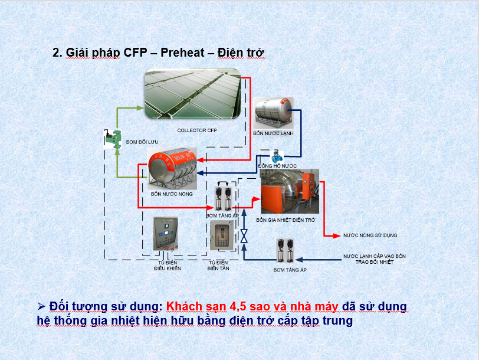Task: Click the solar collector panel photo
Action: click(x=193, y=94)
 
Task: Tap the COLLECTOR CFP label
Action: click(x=197, y=130)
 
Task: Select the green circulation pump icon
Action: click(x=113, y=139)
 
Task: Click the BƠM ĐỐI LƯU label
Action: click(x=142, y=142)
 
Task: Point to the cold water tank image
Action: click(x=273, y=113)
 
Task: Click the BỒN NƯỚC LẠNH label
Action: click(x=273, y=133)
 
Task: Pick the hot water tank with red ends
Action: click(x=172, y=168)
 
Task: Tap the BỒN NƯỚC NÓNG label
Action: click(x=172, y=194)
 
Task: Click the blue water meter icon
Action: click(x=277, y=156)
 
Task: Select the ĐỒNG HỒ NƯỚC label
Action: click(x=277, y=166)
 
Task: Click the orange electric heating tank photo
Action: click(x=290, y=191)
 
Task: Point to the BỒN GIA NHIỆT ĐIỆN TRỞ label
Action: click(x=286, y=220)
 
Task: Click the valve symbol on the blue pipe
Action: click(x=244, y=236)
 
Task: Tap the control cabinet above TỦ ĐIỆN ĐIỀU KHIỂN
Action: click(x=166, y=234)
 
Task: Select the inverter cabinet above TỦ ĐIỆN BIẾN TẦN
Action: click(x=222, y=235)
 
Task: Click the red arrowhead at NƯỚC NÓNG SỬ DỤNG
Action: click(x=337, y=235)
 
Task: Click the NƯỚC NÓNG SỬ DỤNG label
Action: click(x=370, y=235)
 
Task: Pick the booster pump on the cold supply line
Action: click(x=285, y=251)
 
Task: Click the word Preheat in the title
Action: click(x=182, y=53)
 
